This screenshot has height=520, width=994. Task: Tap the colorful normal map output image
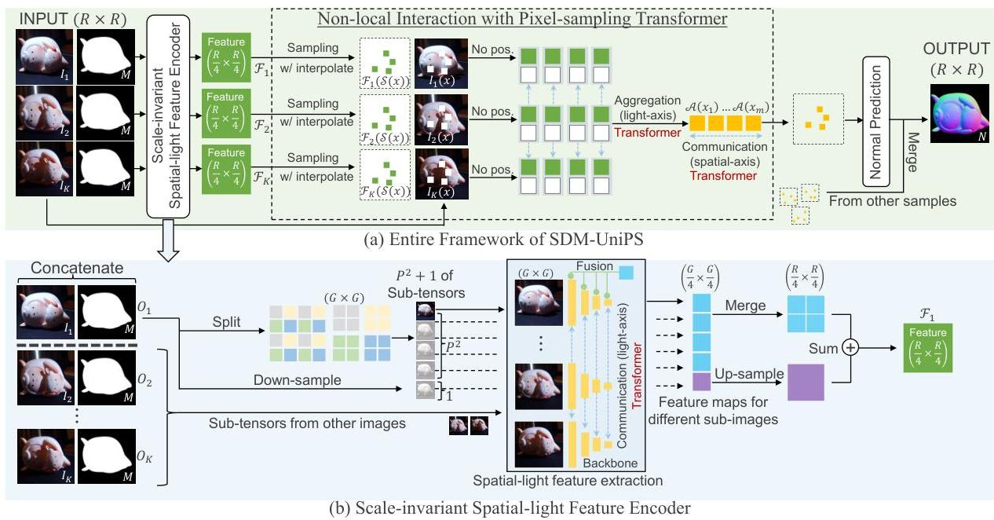tap(959, 113)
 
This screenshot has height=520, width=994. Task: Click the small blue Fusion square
tap(627, 273)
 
